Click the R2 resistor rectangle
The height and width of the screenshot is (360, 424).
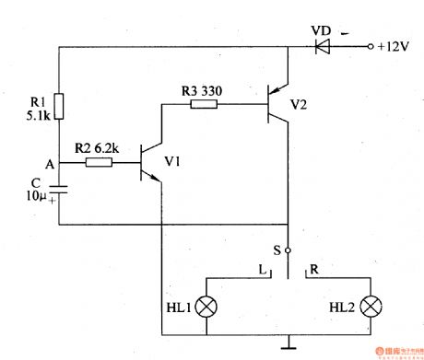point(99,163)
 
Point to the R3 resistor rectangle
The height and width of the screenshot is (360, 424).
point(204,104)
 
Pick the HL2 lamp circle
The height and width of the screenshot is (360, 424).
point(371,307)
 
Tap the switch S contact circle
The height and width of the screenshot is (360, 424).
point(288,250)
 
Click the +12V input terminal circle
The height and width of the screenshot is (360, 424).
point(370,45)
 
